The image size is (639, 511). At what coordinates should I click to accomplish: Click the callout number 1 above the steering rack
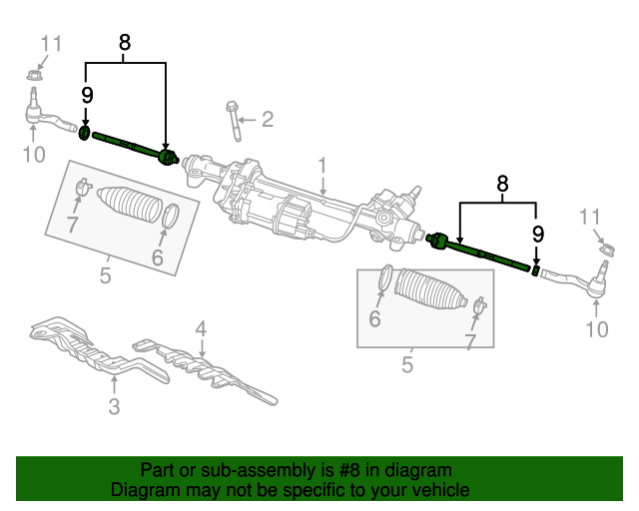322,164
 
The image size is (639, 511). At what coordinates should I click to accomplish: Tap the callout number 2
267,121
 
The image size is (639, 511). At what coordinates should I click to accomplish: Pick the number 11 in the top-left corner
51,43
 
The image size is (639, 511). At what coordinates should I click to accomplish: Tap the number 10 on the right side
596,330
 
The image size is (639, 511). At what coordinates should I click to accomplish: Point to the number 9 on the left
87,96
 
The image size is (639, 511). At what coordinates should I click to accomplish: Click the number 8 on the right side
502,184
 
